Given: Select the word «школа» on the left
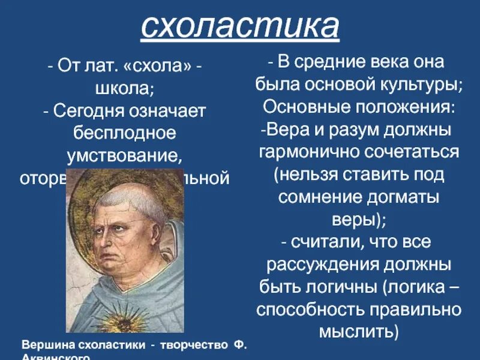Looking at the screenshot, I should [124, 88].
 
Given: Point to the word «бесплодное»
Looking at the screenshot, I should [124, 133].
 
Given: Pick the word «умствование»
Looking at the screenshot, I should [124, 155].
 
